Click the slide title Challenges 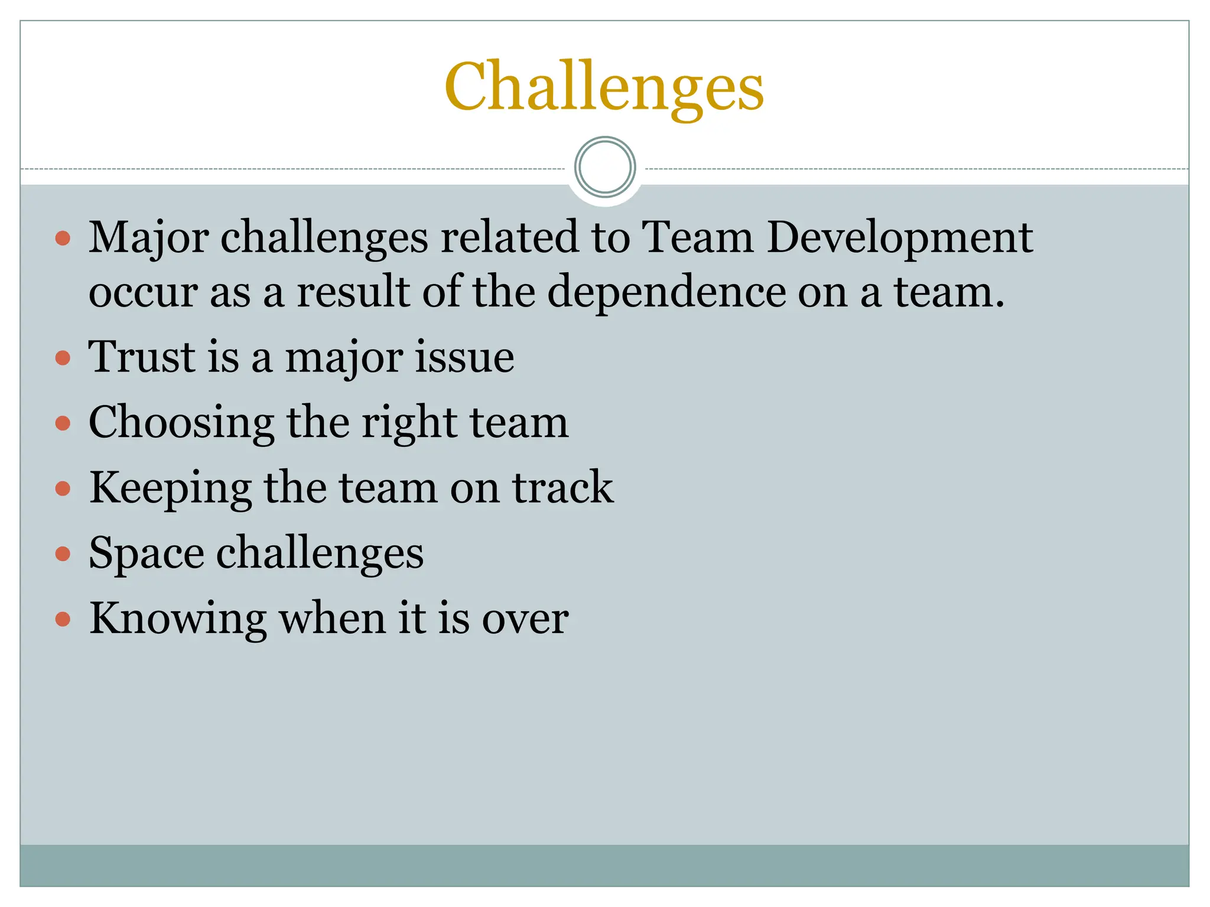604,87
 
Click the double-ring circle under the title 604,167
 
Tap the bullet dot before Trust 63,358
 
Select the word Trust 141,357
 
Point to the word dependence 666,292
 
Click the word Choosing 181,423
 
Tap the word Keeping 170,489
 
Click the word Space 146,554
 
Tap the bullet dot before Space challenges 63,554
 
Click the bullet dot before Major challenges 63,239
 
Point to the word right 409,423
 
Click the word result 353,292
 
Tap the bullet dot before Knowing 63,619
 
